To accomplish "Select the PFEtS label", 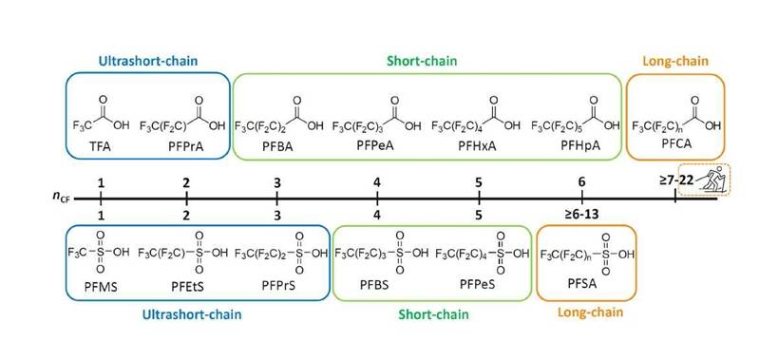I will [186, 283].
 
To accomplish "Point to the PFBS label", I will [377, 283].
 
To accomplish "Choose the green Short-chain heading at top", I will [422, 61].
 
